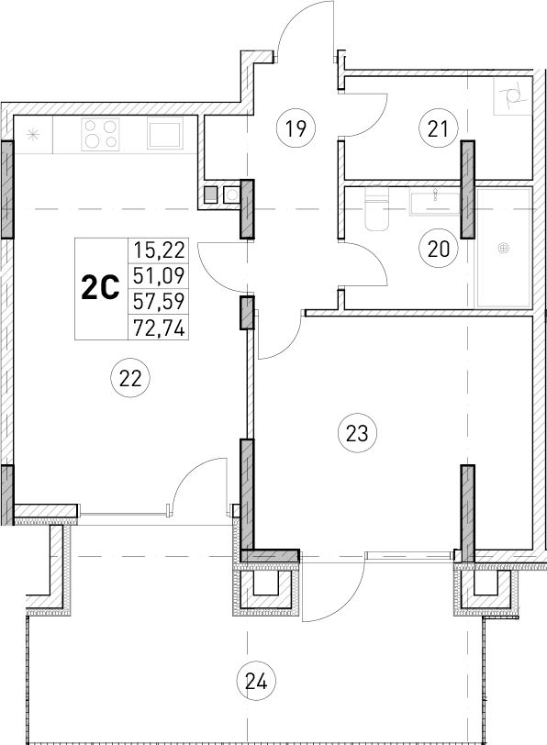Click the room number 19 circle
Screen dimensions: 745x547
tap(294, 128)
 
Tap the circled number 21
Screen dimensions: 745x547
tap(438, 128)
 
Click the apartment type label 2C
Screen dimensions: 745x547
tap(101, 289)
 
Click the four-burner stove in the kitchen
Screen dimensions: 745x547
tap(101, 135)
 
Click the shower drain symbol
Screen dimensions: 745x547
tap(503, 247)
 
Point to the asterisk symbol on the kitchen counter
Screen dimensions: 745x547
tap(33, 134)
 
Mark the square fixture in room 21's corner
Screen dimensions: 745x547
tap(510, 94)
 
